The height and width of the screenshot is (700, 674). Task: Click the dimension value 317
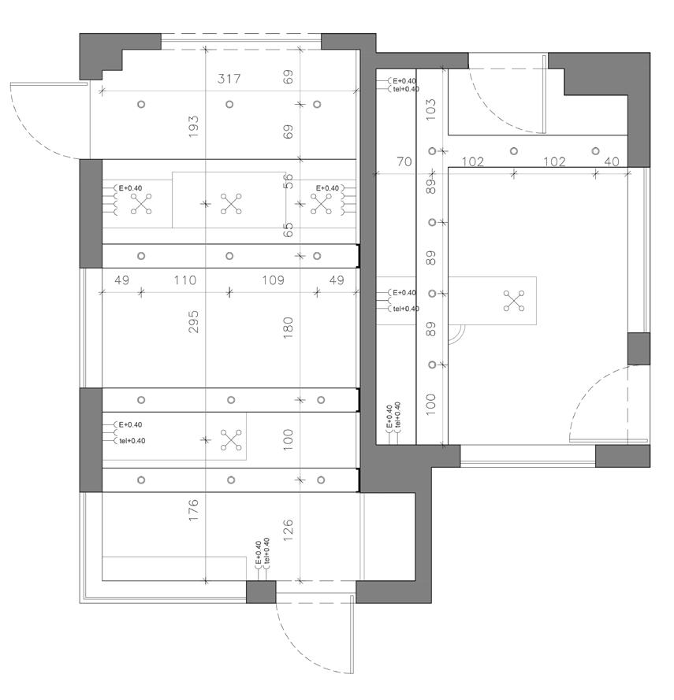[x=229, y=79]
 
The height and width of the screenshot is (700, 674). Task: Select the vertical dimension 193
[x=194, y=125]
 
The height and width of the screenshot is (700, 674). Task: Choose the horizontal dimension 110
[x=184, y=280]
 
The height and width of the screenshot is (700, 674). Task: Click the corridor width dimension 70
[x=404, y=162]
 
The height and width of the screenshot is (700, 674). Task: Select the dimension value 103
[x=430, y=109]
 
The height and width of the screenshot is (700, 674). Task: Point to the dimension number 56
[x=288, y=181]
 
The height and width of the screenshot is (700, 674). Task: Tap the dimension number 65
[x=288, y=229]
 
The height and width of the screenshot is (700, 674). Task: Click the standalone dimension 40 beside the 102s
[x=611, y=162]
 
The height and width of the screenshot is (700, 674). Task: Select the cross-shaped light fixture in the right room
[x=514, y=301]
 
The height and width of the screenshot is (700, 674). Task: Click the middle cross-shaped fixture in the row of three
[x=230, y=204]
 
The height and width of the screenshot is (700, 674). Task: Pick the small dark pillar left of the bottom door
[x=261, y=592]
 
